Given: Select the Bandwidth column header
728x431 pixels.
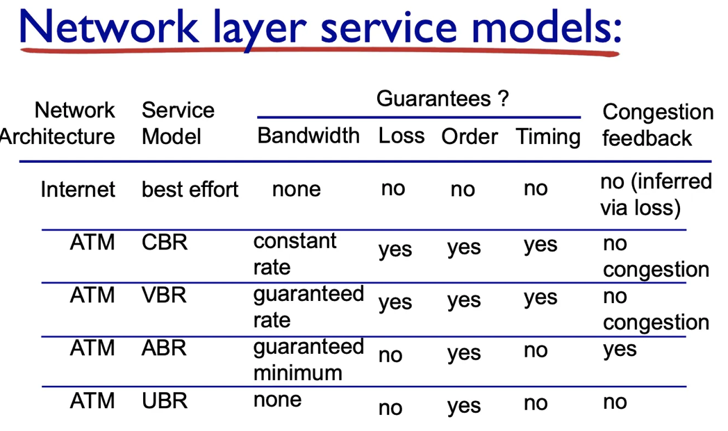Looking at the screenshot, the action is [x=308, y=135].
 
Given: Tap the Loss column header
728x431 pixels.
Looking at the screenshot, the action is [x=402, y=135].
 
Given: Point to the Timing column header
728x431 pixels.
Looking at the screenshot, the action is [x=548, y=136].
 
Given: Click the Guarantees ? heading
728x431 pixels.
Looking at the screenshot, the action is [x=442, y=99].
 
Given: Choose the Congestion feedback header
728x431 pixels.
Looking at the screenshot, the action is [x=657, y=124].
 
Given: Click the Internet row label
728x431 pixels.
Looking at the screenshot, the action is [x=78, y=189].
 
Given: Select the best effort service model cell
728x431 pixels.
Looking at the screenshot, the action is [x=190, y=189].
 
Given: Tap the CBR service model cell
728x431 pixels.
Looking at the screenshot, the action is [x=164, y=243].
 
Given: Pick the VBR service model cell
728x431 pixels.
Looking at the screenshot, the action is [x=164, y=295].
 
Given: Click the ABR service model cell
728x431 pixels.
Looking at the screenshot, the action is [x=164, y=347].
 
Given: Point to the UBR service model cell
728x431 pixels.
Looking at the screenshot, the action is [x=165, y=400].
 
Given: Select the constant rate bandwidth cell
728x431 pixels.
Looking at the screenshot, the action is [x=295, y=254].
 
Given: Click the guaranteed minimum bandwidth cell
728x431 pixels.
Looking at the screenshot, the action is [x=308, y=359].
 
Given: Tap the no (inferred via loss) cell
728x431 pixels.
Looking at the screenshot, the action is [x=656, y=194].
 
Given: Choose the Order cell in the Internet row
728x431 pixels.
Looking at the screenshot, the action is [x=463, y=189].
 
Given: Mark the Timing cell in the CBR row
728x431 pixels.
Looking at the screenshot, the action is [x=540, y=245].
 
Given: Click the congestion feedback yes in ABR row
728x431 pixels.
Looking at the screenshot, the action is [x=620, y=349].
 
